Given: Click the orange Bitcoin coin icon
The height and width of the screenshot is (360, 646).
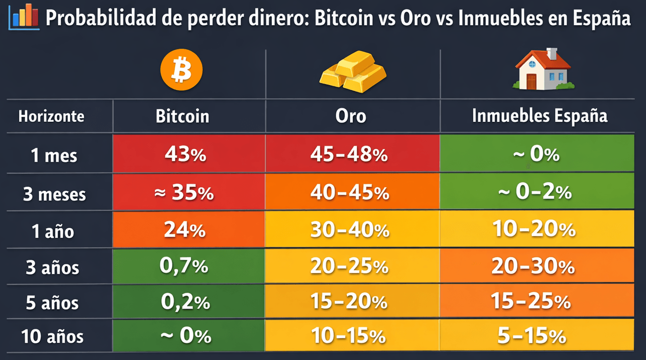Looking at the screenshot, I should click(x=181, y=70).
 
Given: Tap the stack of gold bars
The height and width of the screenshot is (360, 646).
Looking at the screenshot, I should click(x=353, y=72).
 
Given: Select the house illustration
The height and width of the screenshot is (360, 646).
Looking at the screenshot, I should click(x=543, y=70).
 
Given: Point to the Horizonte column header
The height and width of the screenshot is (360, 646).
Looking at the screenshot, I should click(x=51, y=116).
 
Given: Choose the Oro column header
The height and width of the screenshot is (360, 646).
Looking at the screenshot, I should click(x=351, y=116).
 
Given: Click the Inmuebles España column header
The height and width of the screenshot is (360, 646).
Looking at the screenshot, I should click(x=539, y=116).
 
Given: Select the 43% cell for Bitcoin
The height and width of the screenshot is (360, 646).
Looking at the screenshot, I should click(x=185, y=155).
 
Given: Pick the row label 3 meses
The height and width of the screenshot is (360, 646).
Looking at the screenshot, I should click(x=54, y=194).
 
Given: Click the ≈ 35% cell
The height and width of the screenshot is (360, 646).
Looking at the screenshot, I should click(x=185, y=193).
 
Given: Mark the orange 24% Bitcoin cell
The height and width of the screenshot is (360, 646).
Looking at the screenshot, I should click(x=185, y=230).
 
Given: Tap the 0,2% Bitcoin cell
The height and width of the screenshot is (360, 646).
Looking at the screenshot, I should click(x=185, y=302).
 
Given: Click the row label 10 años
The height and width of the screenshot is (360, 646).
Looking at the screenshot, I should click(x=52, y=337).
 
